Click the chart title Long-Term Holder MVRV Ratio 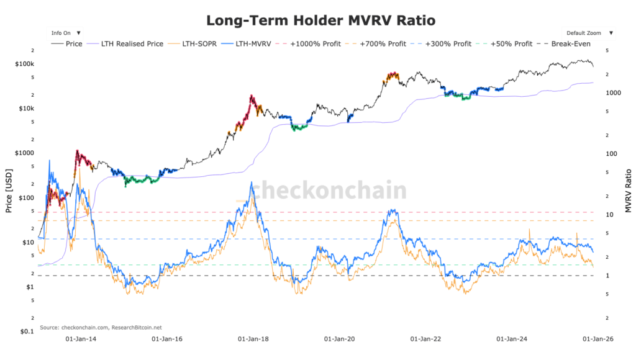pyautogui.click(x=320, y=20)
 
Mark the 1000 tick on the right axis pyautogui.click(x=614, y=92)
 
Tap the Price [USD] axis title pyautogui.click(x=9, y=190)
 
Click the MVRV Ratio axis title pyautogui.click(x=628, y=190)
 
